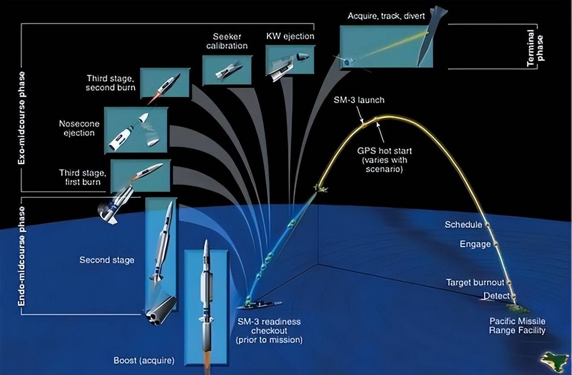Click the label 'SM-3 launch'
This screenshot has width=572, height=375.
(x=359, y=100)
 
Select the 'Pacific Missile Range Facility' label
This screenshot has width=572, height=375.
(x=517, y=326)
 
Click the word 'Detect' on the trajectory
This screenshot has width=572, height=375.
(x=496, y=296)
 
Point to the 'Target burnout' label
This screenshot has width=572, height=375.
(x=475, y=282)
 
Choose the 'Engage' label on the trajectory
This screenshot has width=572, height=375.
(x=475, y=244)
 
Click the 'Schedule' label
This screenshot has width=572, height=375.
(x=463, y=224)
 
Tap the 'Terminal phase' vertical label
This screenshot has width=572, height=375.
(x=535, y=49)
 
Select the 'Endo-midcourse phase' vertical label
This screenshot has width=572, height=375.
(x=21, y=256)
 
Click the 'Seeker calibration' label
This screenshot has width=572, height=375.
(x=227, y=41)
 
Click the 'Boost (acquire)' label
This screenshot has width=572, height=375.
(x=143, y=360)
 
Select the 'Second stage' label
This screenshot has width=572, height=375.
(x=107, y=260)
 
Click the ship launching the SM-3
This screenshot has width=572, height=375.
(x=259, y=305)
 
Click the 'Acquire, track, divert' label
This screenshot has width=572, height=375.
(x=386, y=17)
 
